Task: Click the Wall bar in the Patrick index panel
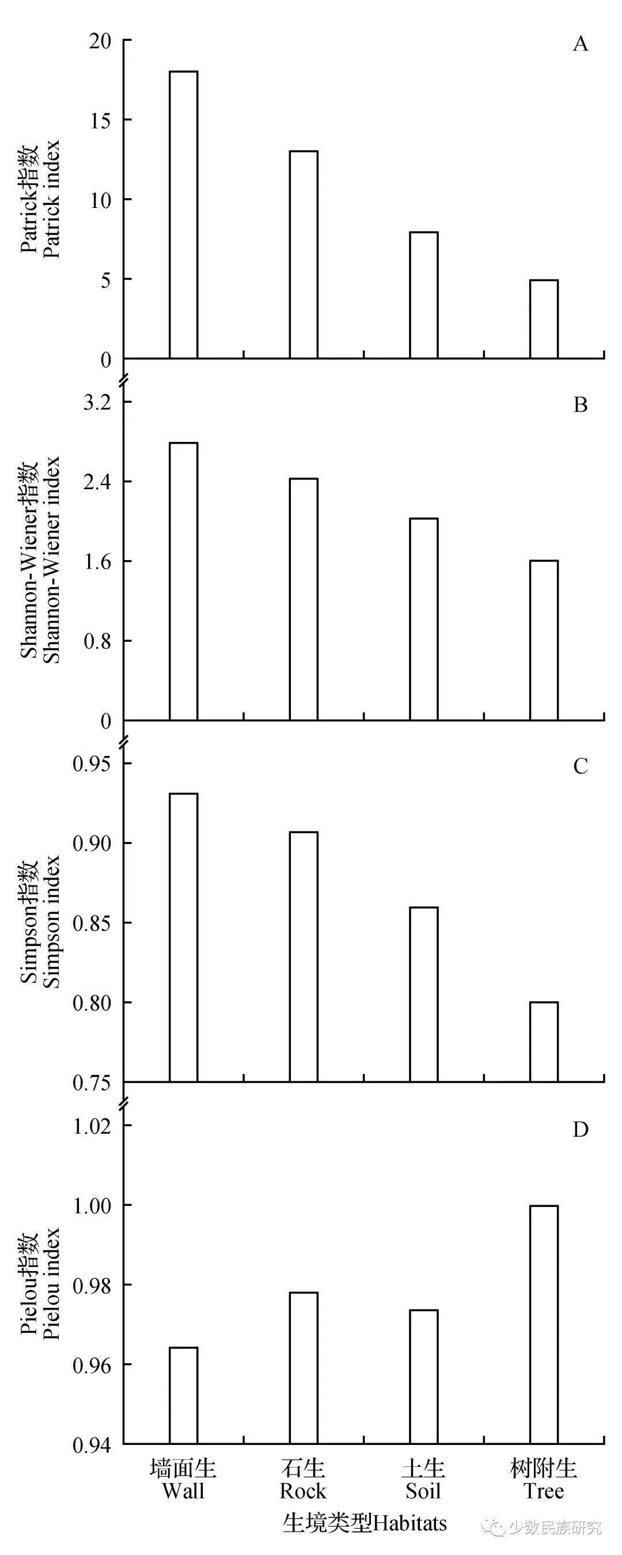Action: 183,215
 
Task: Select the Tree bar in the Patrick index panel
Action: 544,319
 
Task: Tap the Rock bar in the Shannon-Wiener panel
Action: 304,599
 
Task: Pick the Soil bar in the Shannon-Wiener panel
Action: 423,619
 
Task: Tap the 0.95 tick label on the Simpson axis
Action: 92,763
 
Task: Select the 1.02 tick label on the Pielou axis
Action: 92,1126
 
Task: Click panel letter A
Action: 580,44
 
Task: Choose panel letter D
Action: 580,1129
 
